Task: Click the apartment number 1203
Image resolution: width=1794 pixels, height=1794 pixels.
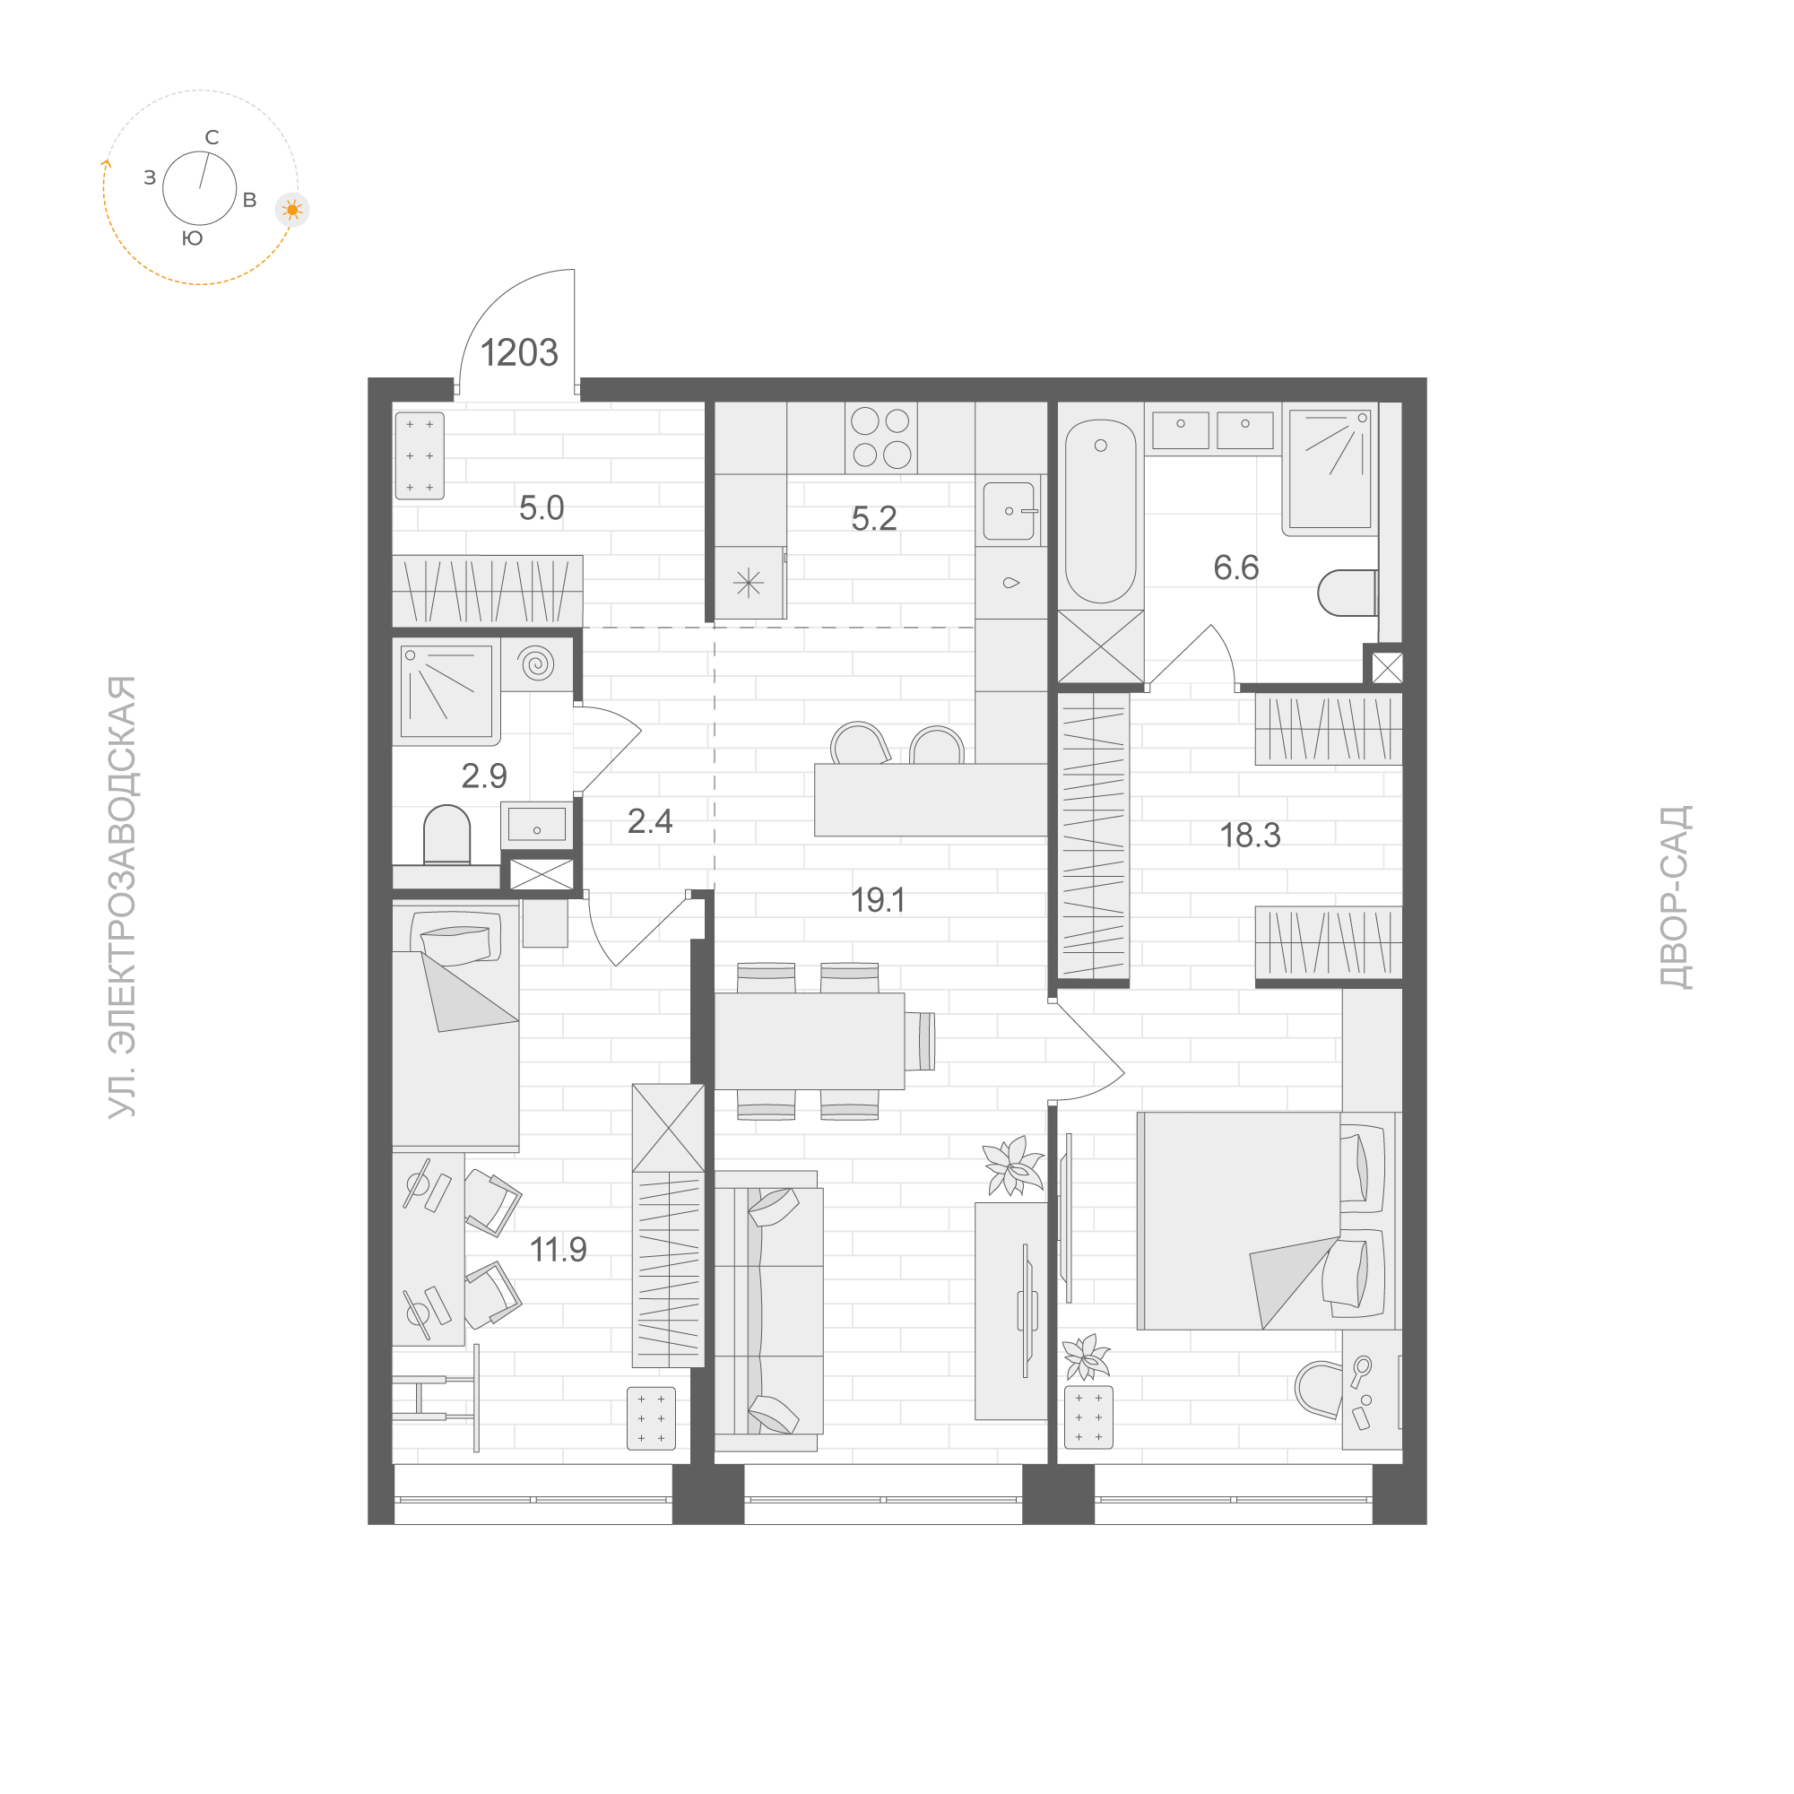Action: [x=518, y=353]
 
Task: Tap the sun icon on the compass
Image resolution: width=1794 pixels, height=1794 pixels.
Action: [x=292, y=211]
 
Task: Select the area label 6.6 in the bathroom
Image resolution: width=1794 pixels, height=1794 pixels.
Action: [x=1236, y=568]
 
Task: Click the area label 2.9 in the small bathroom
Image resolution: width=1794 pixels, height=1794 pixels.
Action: [x=484, y=776]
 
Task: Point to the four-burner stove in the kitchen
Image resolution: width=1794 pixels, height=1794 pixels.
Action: [x=880, y=438]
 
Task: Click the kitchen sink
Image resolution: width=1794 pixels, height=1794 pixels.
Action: [x=1009, y=511]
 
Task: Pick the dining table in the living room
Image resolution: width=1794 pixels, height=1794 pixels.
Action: [x=809, y=1041]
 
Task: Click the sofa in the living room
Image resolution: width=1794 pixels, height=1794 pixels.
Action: [x=768, y=1310]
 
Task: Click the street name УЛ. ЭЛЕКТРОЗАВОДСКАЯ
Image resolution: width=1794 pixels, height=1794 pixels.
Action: [x=123, y=897]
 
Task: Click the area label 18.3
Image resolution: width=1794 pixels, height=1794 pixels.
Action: [x=1250, y=836]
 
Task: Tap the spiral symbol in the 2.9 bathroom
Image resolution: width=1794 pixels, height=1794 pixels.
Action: [x=537, y=664]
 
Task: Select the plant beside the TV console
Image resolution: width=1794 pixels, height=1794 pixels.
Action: [x=1013, y=1166]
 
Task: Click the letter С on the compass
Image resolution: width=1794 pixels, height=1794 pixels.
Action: [x=212, y=138]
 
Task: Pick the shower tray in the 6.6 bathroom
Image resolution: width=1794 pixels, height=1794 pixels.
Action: [x=1330, y=469]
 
